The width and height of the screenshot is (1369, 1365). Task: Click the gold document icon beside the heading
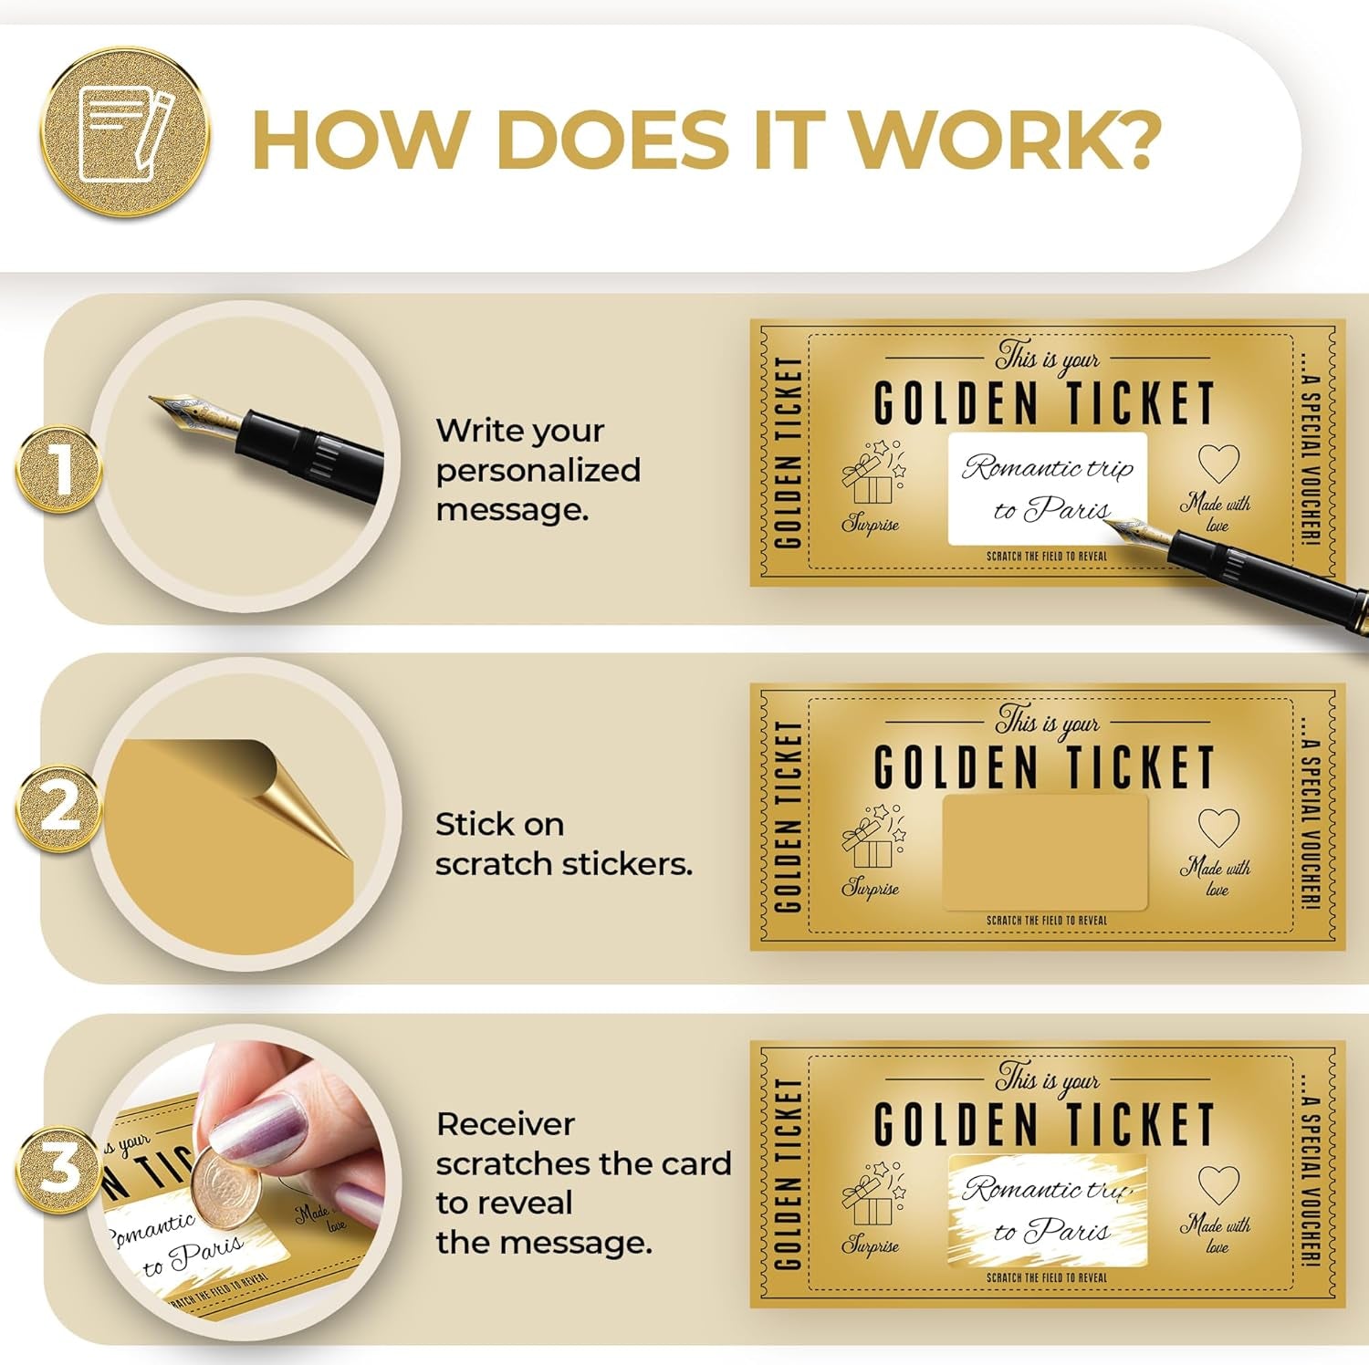tap(126, 133)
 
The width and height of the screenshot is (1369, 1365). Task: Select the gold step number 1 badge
tap(58, 469)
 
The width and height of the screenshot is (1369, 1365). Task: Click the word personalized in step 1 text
tap(538, 471)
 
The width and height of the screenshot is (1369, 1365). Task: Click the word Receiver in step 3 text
tap(506, 1124)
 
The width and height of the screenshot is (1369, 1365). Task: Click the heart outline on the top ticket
tap(1218, 464)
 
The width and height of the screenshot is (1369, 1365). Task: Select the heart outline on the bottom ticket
tap(1218, 1185)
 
